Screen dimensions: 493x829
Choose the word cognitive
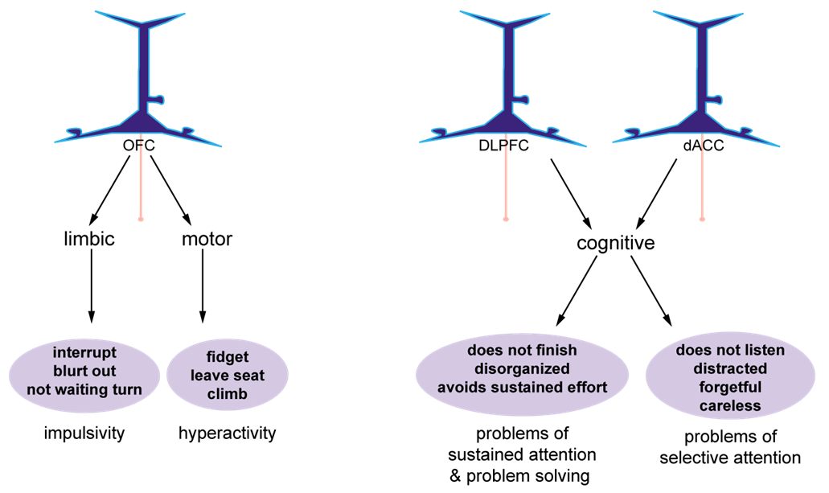pyautogui.click(x=616, y=242)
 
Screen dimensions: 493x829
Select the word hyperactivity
pyautogui.click(x=228, y=433)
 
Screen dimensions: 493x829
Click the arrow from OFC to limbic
pyautogui.click(x=110, y=190)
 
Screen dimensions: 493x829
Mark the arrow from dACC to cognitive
pyautogui.click(x=656, y=193)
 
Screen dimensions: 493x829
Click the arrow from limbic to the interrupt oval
pyautogui.click(x=91, y=286)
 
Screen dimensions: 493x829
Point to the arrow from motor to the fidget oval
pyautogui.click(x=202, y=286)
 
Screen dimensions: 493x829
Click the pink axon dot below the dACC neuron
pyautogui.click(x=702, y=219)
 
